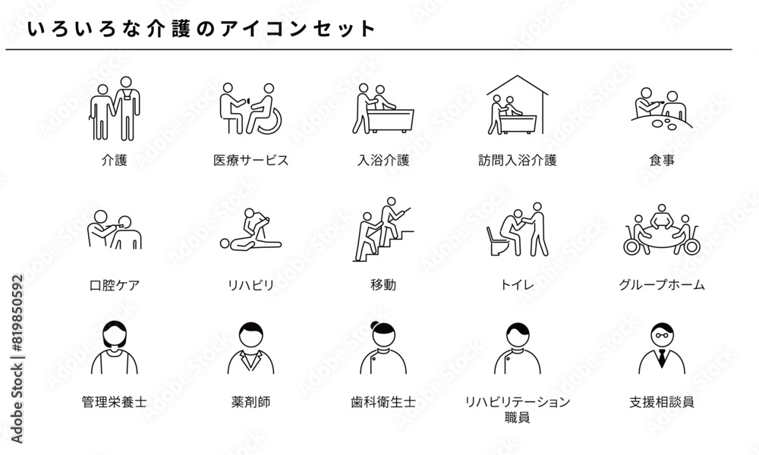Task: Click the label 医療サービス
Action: (250, 160)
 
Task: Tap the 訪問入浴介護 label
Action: (518, 160)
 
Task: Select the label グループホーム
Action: (662, 285)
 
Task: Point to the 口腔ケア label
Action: (115, 285)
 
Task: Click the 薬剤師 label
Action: (250, 402)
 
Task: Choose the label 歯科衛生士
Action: (383, 402)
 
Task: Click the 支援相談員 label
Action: (662, 402)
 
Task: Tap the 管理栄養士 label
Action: (115, 402)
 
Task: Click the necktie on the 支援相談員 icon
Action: (662, 358)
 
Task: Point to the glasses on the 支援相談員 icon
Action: (662, 334)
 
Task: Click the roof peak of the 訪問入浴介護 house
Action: (518, 76)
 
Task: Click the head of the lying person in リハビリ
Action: (225, 243)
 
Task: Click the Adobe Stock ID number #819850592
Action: (17, 313)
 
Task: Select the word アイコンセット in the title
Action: (298, 29)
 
